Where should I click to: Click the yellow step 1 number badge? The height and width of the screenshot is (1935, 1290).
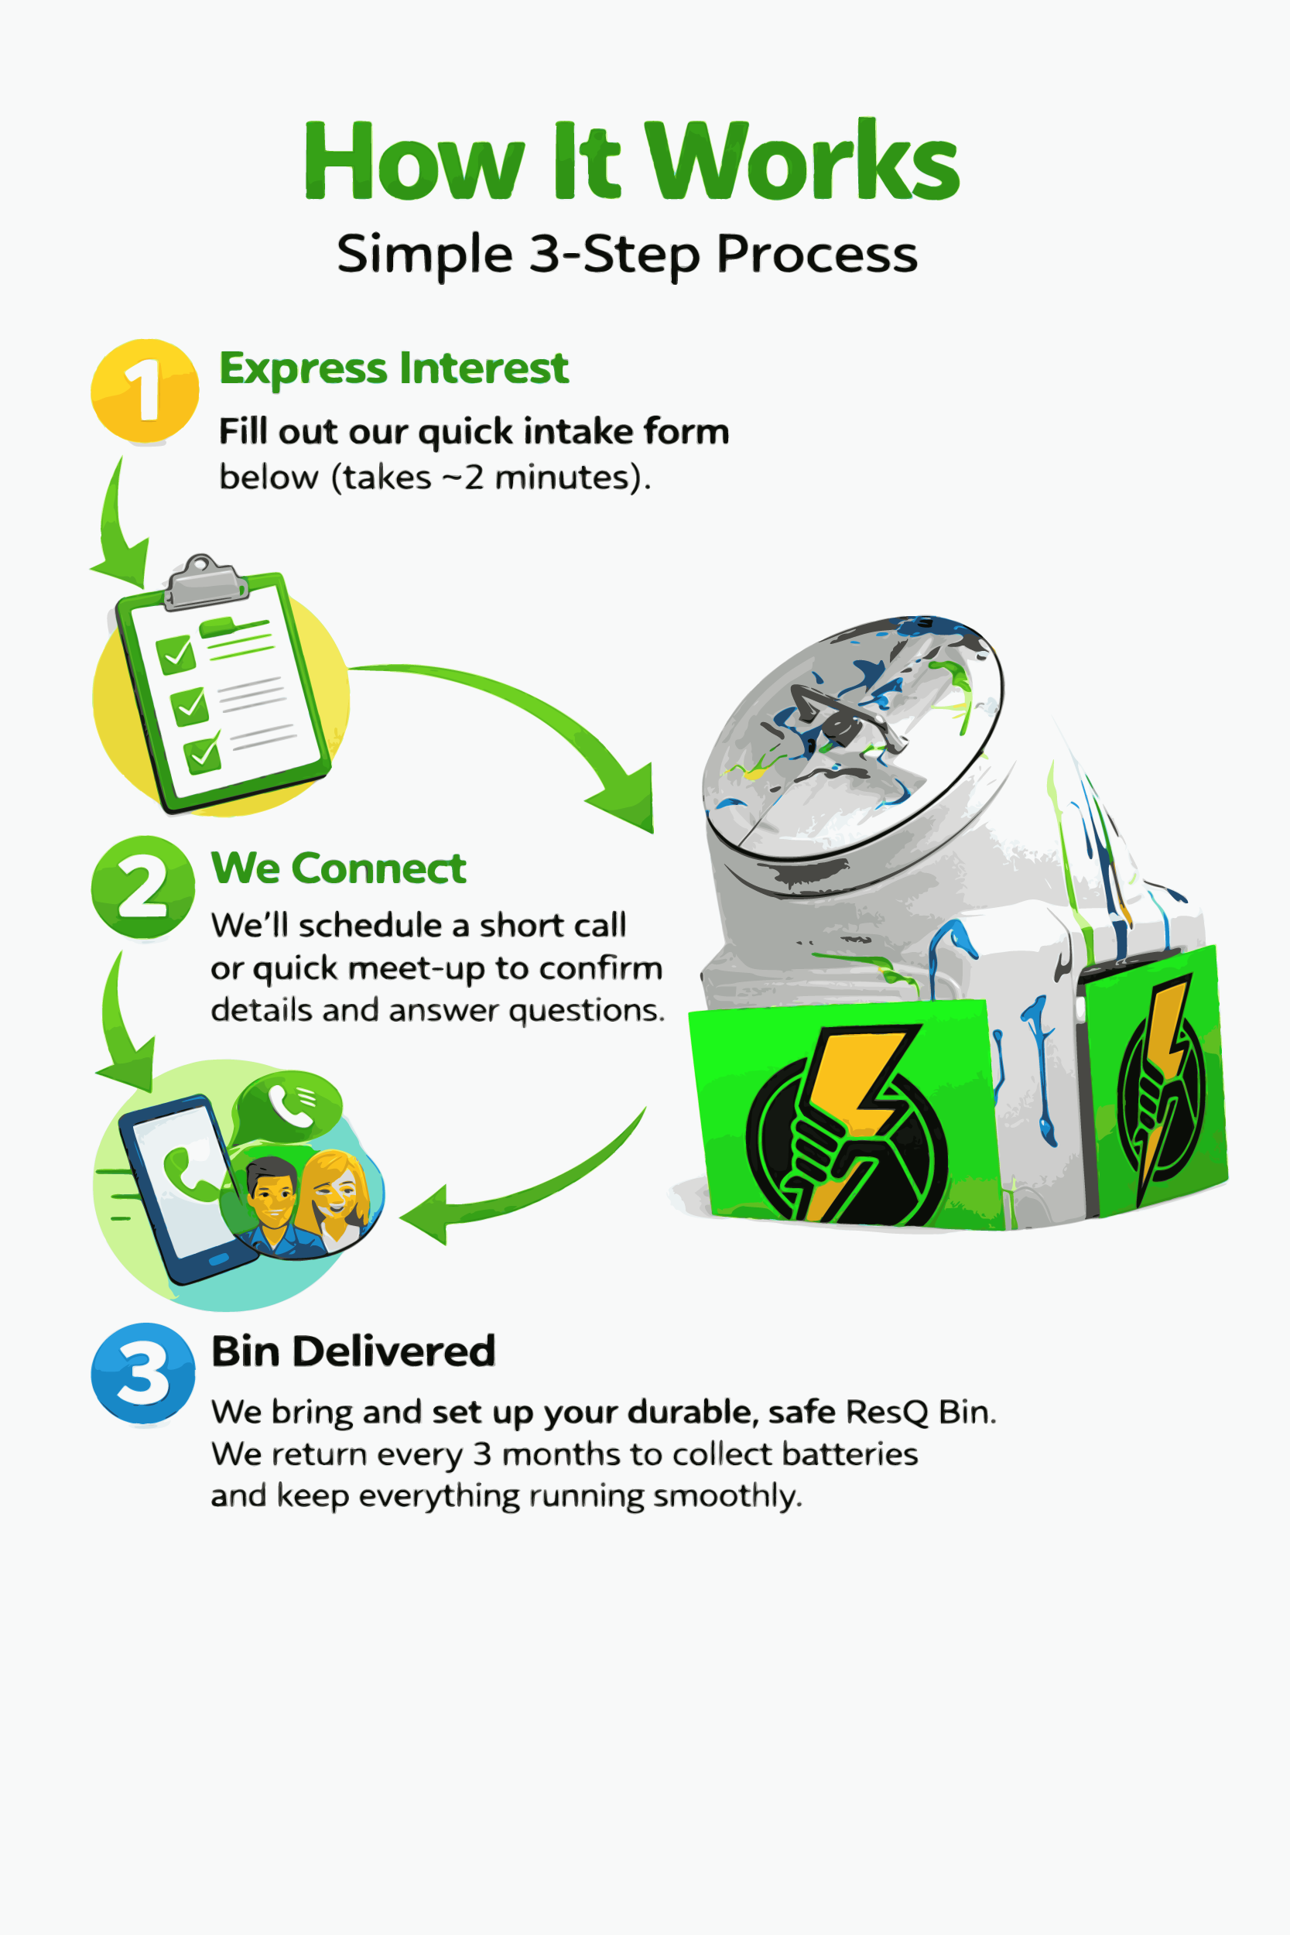(x=145, y=391)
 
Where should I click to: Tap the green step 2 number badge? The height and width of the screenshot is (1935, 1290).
(x=143, y=888)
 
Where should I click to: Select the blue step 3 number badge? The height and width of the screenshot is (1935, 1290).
(x=143, y=1373)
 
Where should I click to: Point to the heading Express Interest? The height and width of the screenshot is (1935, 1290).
(x=393, y=368)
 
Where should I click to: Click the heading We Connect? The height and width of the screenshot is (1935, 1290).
(x=338, y=868)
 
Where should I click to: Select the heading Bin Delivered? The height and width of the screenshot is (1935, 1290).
(x=353, y=1351)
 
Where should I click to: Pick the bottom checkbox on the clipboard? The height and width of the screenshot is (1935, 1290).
(x=201, y=755)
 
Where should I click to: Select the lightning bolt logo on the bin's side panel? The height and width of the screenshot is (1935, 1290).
(x=1160, y=1086)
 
